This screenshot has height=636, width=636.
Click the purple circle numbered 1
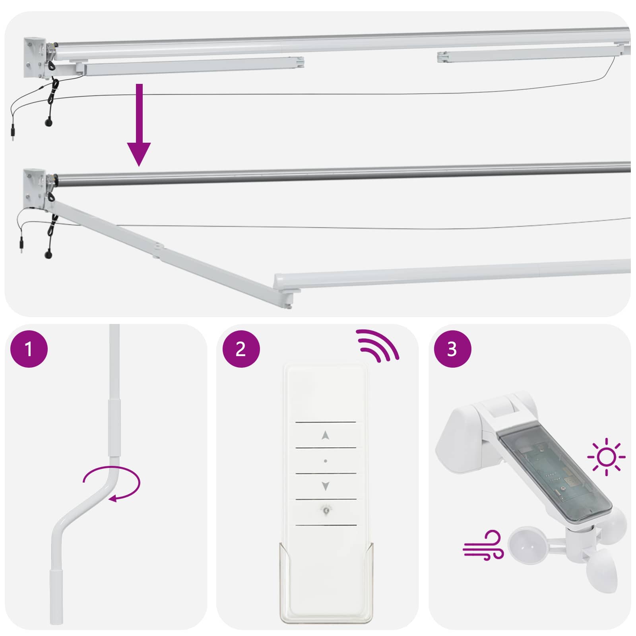(29, 349)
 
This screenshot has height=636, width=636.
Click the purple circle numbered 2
(241, 349)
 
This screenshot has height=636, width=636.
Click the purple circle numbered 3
(452, 349)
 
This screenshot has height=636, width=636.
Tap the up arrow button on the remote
(326, 435)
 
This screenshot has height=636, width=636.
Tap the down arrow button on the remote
(326, 486)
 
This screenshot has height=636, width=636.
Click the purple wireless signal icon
(377, 345)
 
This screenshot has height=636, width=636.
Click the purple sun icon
(606, 457)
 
